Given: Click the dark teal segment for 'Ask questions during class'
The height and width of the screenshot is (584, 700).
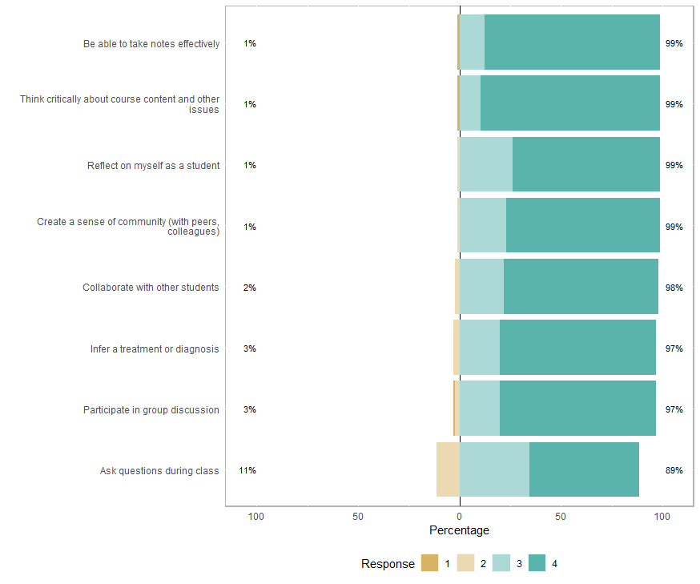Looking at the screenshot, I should (x=584, y=469).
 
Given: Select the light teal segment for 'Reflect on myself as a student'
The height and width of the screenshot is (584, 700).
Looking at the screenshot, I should (x=486, y=165).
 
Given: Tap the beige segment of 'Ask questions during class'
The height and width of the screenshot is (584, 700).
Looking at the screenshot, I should (x=448, y=469).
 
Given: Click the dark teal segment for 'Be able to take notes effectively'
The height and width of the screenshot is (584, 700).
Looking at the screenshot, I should (x=572, y=42).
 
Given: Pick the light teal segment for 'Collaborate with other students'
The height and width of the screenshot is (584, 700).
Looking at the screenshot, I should (x=481, y=287).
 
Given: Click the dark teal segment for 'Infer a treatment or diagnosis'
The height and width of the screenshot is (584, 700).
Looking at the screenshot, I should (x=577, y=348).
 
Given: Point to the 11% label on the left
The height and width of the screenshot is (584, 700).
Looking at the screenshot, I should (x=247, y=471).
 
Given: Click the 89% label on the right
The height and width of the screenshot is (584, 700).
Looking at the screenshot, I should (x=674, y=471).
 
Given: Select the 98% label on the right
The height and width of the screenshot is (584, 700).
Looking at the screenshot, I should (x=674, y=288).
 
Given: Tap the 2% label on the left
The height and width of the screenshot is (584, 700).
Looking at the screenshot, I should (x=250, y=288).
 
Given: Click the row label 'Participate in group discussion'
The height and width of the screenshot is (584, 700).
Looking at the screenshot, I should (x=151, y=410).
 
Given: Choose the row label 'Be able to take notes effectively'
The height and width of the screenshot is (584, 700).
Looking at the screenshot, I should (x=151, y=44).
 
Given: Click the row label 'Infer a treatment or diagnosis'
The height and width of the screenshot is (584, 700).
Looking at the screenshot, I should (x=155, y=349).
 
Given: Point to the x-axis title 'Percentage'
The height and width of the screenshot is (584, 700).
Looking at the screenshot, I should (x=459, y=530).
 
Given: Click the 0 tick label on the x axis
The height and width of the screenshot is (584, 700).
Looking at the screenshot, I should (x=460, y=517).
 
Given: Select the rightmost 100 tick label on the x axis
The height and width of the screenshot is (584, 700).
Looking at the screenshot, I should (x=662, y=517).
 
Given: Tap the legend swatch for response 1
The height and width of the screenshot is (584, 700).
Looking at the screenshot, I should (x=429, y=564).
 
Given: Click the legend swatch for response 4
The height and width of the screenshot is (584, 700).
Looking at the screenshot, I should (x=537, y=564).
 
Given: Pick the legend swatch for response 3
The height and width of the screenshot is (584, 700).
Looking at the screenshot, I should (x=501, y=564).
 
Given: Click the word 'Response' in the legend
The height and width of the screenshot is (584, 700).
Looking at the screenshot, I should (x=388, y=564).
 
